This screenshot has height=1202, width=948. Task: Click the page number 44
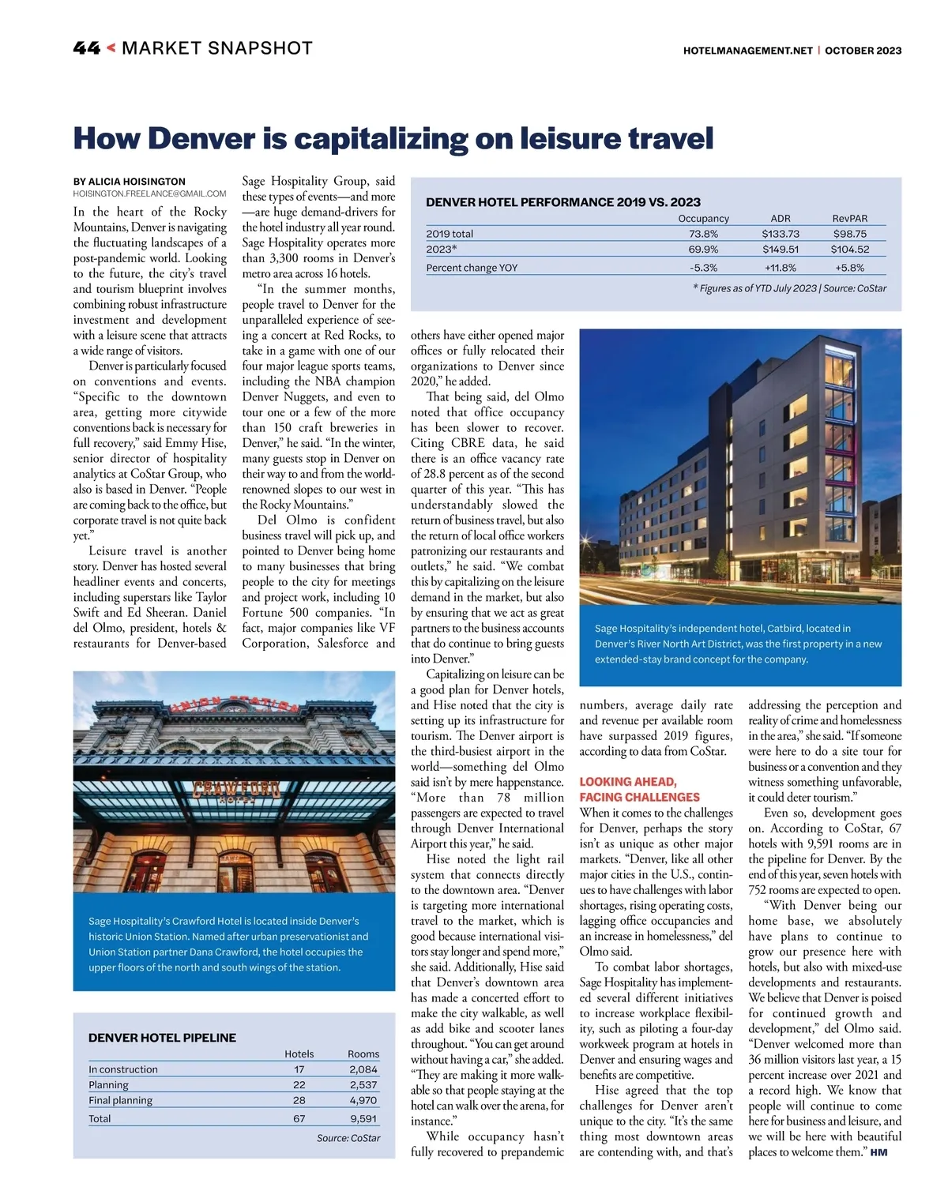86,49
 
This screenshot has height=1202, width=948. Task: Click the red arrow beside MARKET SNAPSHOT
111,48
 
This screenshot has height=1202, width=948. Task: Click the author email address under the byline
149,193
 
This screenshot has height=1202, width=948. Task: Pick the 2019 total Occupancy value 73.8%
703,234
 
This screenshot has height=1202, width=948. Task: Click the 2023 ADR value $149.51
780,250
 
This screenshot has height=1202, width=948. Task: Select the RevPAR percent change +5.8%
849,268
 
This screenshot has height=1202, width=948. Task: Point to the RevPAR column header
849,219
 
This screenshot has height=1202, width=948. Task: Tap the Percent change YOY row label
472,268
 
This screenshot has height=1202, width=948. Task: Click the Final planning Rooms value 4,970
363,1100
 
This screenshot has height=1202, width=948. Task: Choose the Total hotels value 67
299,1118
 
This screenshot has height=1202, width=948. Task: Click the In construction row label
123,1069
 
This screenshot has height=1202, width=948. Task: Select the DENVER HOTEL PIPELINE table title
162,1038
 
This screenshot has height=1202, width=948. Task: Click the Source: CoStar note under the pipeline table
348,1138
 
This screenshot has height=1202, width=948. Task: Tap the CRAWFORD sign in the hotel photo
236,790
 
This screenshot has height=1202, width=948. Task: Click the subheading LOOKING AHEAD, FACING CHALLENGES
639,790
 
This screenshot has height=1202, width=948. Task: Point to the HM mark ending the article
878,1153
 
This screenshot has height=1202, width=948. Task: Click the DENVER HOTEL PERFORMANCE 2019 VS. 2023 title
563,202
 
